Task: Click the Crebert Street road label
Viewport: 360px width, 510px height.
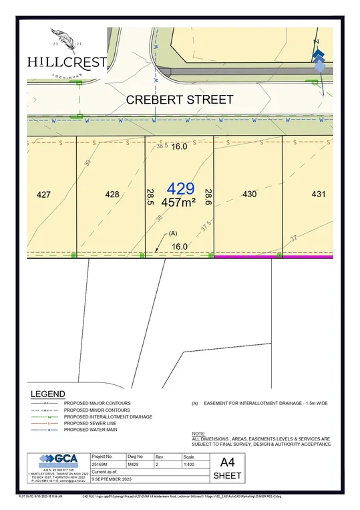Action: [x=180, y=100]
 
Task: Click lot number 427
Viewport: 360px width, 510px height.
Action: [x=44, y=195]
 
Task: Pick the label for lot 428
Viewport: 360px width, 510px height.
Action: [x=112, y=195]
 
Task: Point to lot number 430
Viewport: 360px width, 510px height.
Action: [x=249, y=195]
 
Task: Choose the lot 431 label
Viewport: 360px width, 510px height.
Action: [x=319, y=195]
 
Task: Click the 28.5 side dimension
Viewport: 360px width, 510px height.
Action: [x=150, y=197]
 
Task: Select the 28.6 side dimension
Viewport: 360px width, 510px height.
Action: [x=208, y=197]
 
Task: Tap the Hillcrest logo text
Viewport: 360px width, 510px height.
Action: [x=67, y=61]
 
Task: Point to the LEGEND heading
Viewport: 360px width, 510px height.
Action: [x=47, y=394]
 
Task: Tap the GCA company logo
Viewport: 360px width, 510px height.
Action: [x=57, y=460]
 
